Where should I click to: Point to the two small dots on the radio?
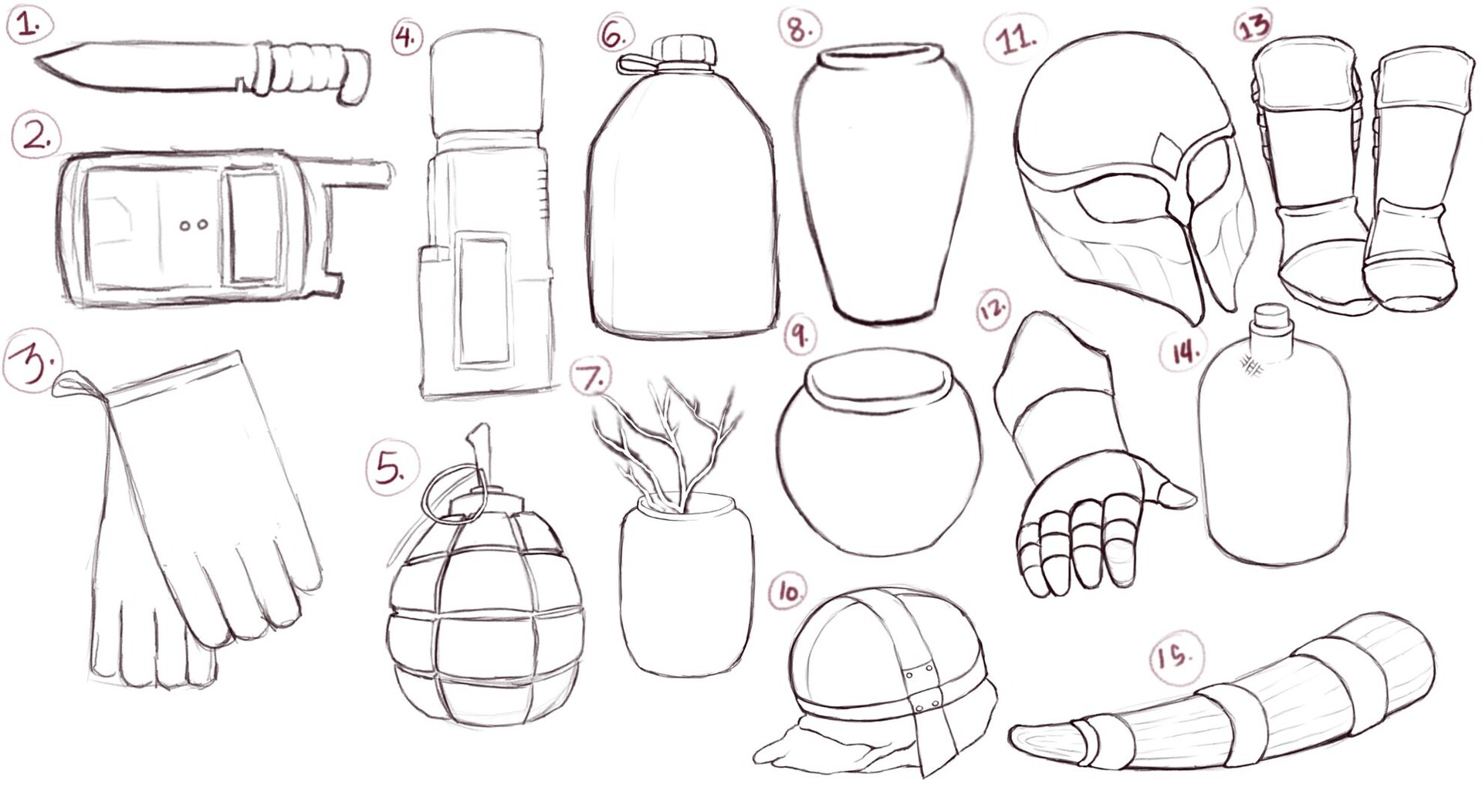pyautogui.click(x=194, y=225)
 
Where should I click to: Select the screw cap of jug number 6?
pyautogui.click(x=685, y=49)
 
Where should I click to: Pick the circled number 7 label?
pyautogui.click(x=590, y=377)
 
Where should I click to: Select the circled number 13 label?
pyautogui.click(x=1252, y=25)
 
